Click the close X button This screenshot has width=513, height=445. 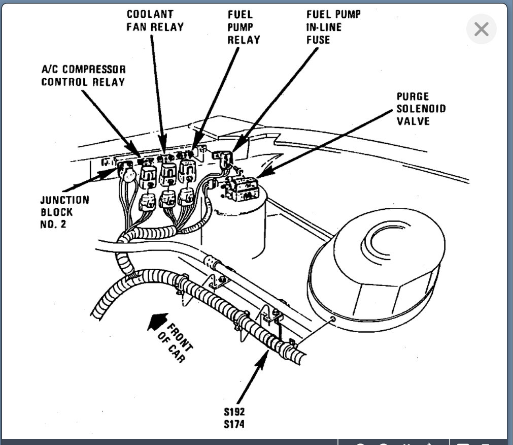(x=481, y=29)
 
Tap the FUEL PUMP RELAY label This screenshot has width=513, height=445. (x=244, y=27)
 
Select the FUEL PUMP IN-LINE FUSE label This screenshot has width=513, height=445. (x=332, y=27)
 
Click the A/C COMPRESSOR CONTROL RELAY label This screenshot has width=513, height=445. (x=83, y=75)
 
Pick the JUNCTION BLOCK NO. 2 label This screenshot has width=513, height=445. (x=64, y=212)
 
